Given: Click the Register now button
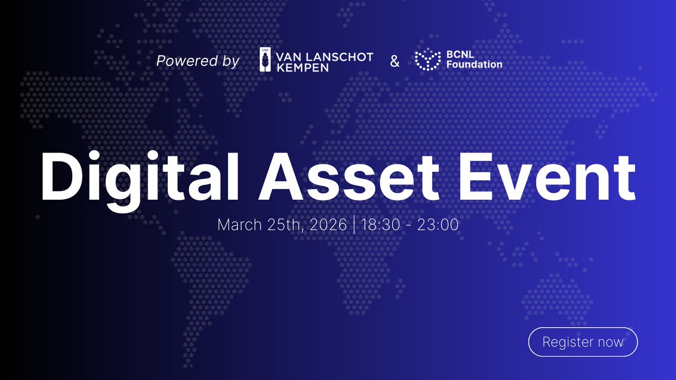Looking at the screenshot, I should pos(582,342).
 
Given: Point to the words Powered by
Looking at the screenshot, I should pos(198,61).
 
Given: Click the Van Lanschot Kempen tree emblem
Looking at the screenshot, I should pos(264,60).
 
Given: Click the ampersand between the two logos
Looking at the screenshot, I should pos(395,61).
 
